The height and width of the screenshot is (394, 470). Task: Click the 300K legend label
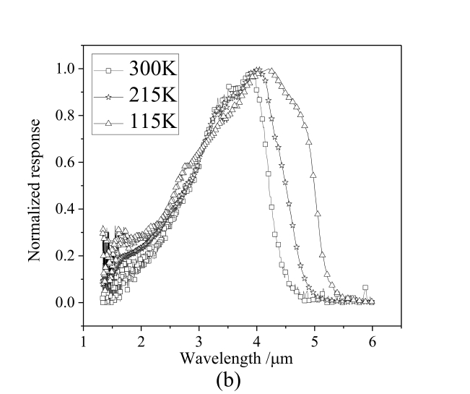(153, 70)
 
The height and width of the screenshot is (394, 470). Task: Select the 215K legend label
(153, 95)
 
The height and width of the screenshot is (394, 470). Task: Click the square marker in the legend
(108, 70)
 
